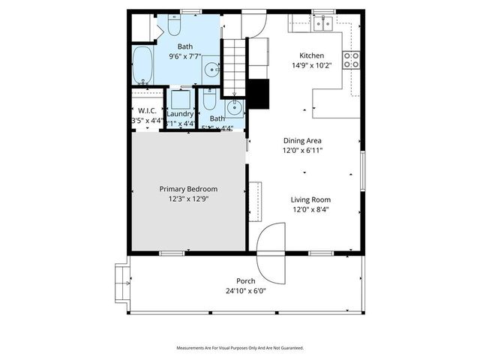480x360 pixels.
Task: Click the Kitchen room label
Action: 311,55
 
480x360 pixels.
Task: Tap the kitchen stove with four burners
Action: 351,60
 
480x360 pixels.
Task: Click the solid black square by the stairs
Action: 258,94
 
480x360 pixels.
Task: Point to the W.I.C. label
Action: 146,111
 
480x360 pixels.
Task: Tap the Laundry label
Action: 180,114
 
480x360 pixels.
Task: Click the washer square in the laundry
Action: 181,100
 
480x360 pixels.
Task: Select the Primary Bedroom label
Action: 188,189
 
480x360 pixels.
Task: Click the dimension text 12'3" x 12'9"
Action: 188,199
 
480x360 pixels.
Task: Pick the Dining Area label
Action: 303,140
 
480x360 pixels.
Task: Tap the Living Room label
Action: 310,199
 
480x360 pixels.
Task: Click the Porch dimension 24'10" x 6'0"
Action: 246,291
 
